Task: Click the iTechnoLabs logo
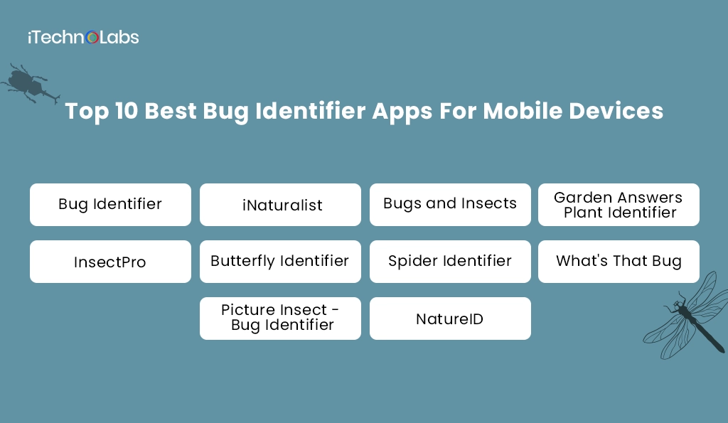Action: (83, 37)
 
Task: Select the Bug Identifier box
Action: (110, 205)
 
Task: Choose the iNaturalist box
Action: (280, 205)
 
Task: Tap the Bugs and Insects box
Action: (450, 205)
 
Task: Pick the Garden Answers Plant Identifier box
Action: (619, 205)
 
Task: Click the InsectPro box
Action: (110, 262)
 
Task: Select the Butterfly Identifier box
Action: (280, 262)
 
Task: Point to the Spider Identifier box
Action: (450, 262)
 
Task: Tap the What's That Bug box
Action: (619, 262)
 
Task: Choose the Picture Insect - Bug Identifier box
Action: (280, 318)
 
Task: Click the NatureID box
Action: (450, 318)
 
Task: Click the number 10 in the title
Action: (126, 112)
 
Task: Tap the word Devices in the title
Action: (619, 112)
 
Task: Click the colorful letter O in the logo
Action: (92, 38)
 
